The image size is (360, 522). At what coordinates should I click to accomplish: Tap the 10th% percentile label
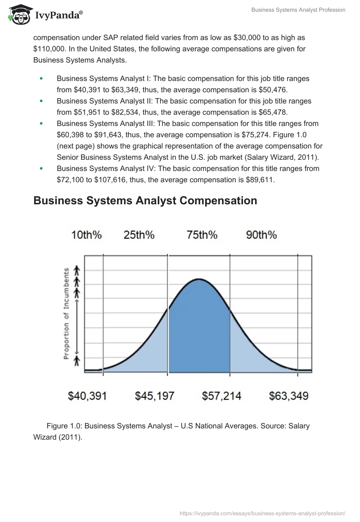86,235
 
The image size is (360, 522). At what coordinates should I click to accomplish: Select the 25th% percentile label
139,235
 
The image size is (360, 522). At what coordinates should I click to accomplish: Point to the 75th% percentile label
202,235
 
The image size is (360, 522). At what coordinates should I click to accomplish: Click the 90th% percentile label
261,235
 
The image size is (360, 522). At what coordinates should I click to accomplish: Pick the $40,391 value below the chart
87,396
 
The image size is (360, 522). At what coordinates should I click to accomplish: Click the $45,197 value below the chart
154,396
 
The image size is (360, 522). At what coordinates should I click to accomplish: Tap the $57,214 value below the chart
221,396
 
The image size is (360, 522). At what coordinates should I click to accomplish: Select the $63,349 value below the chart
288,396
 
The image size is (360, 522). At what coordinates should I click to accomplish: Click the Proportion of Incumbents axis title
66,314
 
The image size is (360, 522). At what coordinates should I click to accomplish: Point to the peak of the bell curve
199,279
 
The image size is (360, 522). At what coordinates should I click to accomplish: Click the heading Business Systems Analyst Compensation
145,201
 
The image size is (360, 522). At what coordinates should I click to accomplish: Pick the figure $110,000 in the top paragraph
50,49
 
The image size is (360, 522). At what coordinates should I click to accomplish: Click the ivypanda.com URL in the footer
262,513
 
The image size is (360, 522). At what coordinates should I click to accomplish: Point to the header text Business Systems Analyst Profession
298,10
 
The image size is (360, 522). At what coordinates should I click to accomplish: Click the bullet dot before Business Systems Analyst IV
41,168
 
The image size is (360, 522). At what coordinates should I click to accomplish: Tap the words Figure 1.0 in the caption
63,426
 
